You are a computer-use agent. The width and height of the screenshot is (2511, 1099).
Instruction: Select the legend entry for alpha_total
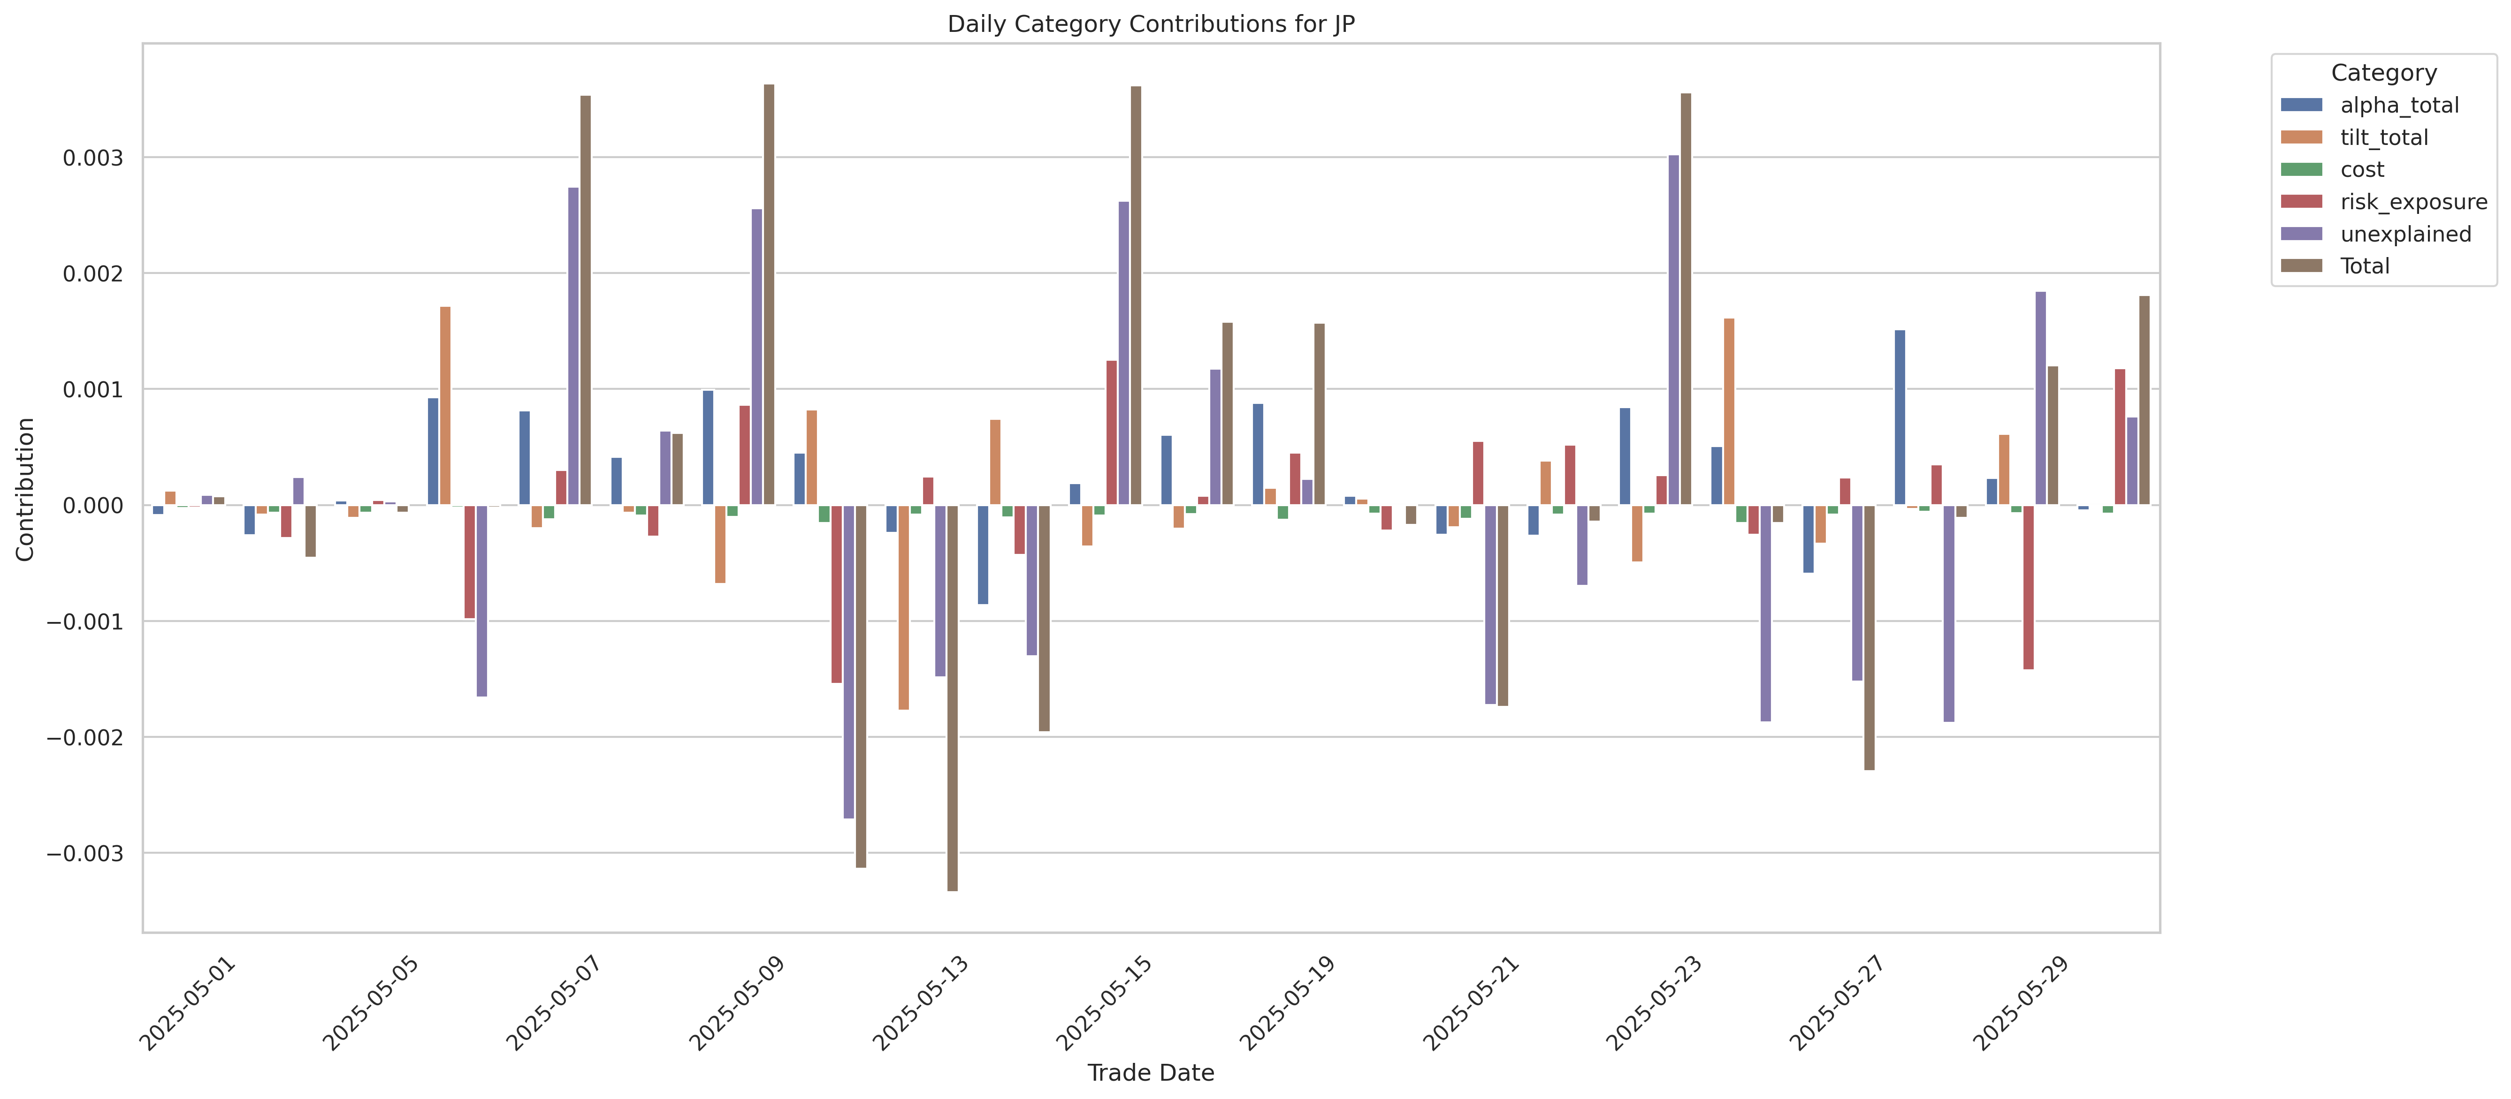click(x=2399, y=105)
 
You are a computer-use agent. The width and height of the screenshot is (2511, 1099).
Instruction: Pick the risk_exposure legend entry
click(x=2412, y=202)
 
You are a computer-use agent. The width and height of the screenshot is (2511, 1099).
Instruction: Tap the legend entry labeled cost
click(x=2362, y=169)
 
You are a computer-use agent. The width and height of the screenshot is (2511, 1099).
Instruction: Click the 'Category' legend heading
click(x=2383, y=73)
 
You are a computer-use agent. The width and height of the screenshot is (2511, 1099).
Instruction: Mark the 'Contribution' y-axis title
click(x=25, y=489)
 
